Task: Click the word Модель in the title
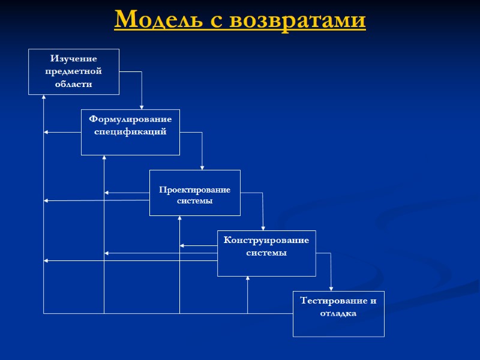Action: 152,20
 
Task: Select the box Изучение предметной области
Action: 74,71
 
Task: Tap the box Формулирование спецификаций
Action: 130,132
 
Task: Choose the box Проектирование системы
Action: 194,193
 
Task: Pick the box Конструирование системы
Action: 266,253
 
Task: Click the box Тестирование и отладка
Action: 338,314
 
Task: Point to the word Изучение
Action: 74,59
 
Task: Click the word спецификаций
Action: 130,131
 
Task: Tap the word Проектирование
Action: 194,190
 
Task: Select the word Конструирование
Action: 266,241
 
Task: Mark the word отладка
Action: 338,314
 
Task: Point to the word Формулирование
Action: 130,119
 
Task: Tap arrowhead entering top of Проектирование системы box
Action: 202,167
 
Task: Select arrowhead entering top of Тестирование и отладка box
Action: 331,289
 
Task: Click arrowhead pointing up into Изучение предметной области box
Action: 44,98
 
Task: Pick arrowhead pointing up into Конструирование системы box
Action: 248,279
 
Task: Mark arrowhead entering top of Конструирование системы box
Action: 263,228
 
